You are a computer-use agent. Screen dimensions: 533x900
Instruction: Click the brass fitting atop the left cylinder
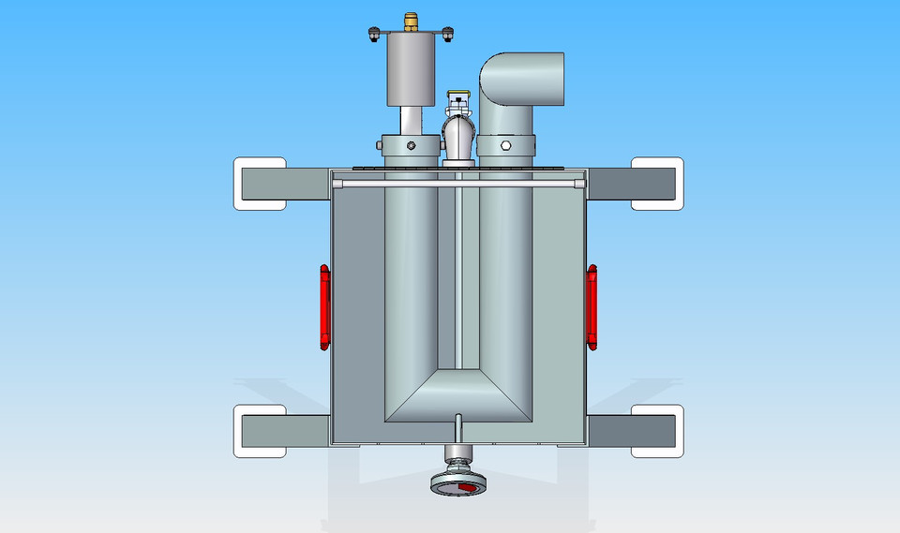[x=411, y=19]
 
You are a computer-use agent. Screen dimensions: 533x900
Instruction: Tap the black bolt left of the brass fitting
[x=374, y=36]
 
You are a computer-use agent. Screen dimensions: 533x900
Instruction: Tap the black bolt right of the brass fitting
[x=447, y=36]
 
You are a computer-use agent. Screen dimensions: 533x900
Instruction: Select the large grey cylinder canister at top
[x=412, y=71]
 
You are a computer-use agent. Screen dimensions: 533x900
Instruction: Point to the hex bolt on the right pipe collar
[x=505, y=146]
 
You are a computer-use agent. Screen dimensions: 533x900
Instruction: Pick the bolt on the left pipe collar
[x=411, y=146]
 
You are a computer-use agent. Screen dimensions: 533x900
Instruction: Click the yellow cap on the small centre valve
[x=458, y=96]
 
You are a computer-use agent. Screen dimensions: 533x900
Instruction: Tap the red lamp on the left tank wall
[x=324, y=304]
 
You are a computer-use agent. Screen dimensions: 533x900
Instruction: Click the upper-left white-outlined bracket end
[x=260, y=185]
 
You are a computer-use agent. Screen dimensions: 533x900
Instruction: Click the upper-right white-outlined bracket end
[x=656, y=184]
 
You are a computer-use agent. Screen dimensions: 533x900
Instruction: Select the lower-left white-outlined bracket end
[x=260, y=431]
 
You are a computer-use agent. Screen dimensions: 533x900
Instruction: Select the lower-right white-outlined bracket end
[x=656, y=431]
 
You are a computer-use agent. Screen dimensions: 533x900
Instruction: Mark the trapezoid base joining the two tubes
[x=458, y=393]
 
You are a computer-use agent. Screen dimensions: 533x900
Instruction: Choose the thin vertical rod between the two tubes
[x=459, y=281]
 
